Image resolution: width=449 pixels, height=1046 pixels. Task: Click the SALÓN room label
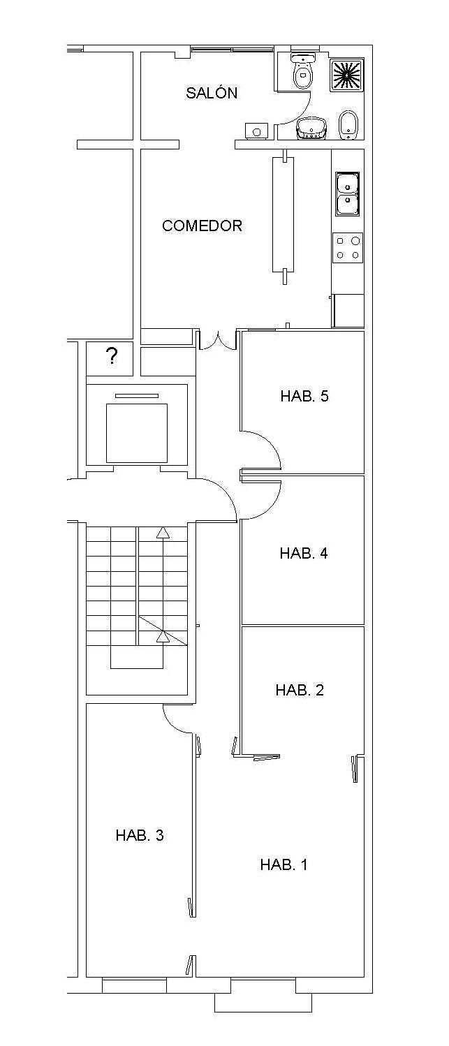click(x=212, y=92)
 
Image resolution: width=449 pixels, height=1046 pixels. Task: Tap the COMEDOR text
click(x=202, y=226)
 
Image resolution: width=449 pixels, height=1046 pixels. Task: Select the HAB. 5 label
click(x=304, y=396)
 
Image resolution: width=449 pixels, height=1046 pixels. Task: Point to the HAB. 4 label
click(x=304, y=553)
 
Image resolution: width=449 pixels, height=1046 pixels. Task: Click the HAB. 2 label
click(x=300, y=690)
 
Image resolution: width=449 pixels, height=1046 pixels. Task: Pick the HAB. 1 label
click(x=284, y=864)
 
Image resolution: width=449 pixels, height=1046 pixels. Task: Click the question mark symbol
click(x=112, y=356)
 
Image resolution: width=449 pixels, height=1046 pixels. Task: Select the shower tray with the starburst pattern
click(x=347, y=74)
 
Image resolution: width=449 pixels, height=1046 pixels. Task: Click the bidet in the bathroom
click(x=348, y=124)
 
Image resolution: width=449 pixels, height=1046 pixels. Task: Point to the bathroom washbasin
click(x=311, y=128)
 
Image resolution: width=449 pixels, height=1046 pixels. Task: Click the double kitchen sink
click(x=348, y=193)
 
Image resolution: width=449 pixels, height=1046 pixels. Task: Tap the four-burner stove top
click(x=348, y=247)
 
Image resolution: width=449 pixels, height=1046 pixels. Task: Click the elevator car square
click(x=136, y=432)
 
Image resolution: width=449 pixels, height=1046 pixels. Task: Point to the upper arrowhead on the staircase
click(x=163, y=532)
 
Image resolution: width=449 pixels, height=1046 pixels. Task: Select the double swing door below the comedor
click(x=218, y=342)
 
